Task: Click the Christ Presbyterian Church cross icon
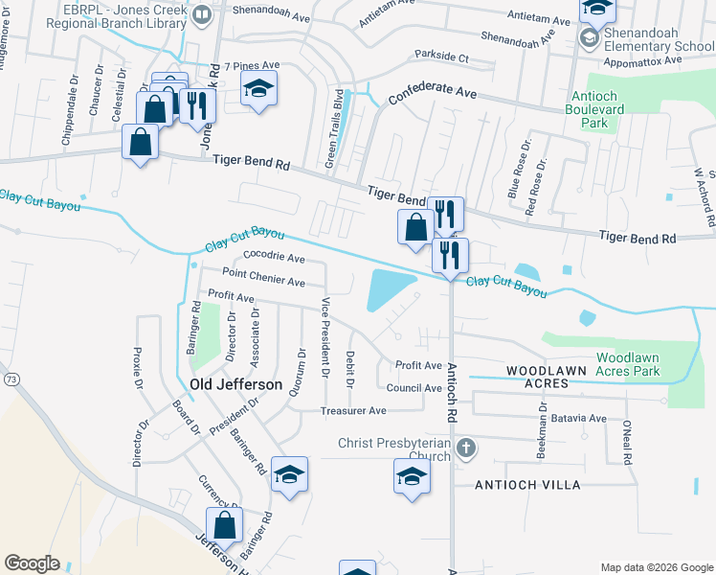coord(464,448)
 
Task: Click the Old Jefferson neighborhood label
coord(236,384)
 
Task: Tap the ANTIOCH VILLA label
coord(527,485)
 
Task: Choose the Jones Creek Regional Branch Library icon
coord(202,14)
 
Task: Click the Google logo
coord(32,563)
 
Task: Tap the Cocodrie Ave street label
coord(274,258)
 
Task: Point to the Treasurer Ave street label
coord(352,410)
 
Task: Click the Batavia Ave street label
coord(583,418)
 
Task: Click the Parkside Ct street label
coord(441,57)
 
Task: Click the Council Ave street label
coord(414,387)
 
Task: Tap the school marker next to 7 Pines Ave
coord(258,88)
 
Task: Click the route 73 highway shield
coord(11,380)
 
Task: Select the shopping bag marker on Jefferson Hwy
coord(224,526)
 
